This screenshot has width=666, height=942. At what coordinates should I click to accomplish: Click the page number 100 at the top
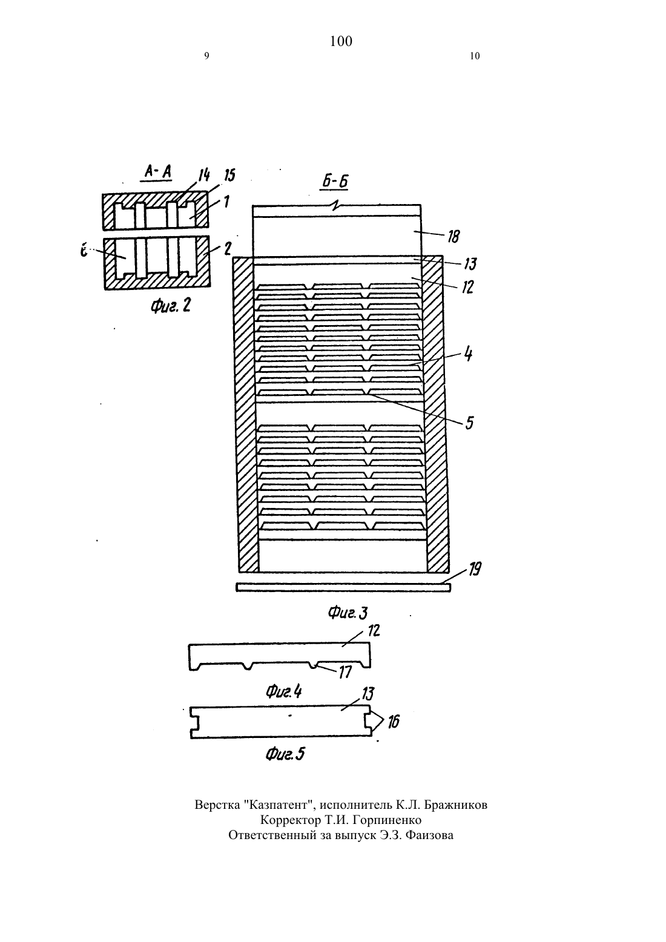point(341,41)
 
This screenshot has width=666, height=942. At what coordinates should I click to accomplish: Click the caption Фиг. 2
point(171,306)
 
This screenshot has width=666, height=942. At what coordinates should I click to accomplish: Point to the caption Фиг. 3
point(348,613)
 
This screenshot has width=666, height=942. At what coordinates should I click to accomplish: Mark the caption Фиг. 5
point(285,754)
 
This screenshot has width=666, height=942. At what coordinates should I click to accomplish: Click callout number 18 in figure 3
point(453,237)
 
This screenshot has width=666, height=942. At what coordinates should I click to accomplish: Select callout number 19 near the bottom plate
point(475,570)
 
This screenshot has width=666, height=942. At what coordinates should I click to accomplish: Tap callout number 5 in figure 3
point(469,423)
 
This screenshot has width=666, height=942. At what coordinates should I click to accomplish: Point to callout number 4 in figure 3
point(468,354)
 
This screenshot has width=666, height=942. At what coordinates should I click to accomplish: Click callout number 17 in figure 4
point(345,672)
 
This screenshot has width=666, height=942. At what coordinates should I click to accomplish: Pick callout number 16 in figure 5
point(393,722)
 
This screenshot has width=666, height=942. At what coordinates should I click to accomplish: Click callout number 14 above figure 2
point(204,175)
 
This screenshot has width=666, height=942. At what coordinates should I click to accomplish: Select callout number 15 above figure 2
point(229,175)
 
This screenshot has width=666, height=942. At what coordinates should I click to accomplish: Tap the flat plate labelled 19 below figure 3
point(343,587)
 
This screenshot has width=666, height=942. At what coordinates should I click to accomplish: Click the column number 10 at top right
point(475,56)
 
